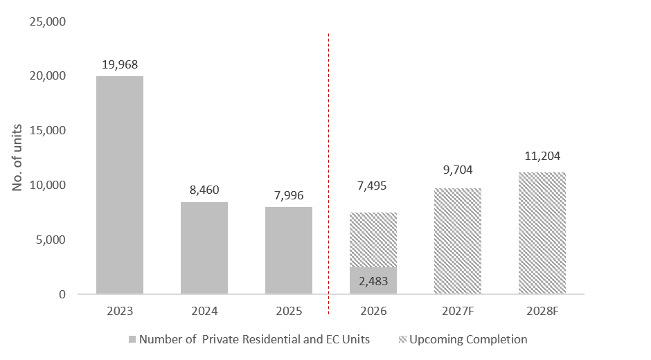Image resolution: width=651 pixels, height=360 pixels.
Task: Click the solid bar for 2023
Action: pos(120,185)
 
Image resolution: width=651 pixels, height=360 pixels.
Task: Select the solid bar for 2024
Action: pos(204,248)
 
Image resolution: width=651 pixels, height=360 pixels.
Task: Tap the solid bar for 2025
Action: pos(289,251)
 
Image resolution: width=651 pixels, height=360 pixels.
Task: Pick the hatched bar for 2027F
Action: pos(458,241)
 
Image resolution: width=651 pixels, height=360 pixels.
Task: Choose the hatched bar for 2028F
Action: pos(542,233)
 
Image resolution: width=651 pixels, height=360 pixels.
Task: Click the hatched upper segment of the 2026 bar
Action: pos(373,240)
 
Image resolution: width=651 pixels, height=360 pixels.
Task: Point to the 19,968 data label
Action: pos(120,65)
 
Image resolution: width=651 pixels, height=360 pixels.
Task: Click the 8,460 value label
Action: pos(204,190)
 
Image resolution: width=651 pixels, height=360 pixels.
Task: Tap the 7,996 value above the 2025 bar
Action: pos(289,195)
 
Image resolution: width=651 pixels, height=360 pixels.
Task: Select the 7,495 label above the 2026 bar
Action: pos(372,186)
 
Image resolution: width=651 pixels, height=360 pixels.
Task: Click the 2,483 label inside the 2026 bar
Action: pos(373,282)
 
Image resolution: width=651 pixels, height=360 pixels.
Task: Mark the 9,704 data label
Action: pos(458,170)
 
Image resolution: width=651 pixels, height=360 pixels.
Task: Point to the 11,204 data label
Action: pos(542,156)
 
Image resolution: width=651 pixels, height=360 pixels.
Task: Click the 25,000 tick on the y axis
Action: pos(47,21)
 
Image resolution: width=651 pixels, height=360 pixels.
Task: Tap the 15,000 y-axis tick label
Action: pos(47,130)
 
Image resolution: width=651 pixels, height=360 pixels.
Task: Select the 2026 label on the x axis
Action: pos(373,311)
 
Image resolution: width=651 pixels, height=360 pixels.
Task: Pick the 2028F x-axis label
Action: pos(542,311)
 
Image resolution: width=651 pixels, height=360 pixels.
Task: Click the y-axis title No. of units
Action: pos(17,158)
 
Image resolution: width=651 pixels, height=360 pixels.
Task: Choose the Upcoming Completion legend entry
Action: pos(463,340)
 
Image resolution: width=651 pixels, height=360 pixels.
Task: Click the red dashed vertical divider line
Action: pos(328,174)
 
